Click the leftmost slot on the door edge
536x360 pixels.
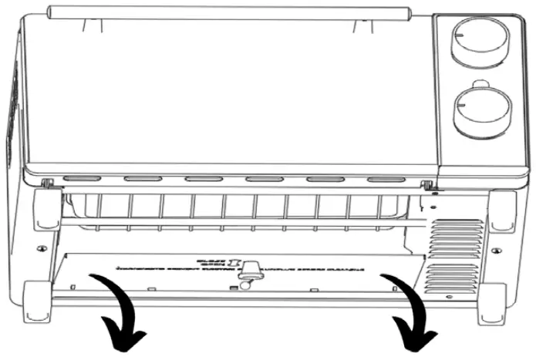80,179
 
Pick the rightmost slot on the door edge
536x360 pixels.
386,180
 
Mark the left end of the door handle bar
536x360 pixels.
52,12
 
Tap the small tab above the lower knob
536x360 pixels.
482,81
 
